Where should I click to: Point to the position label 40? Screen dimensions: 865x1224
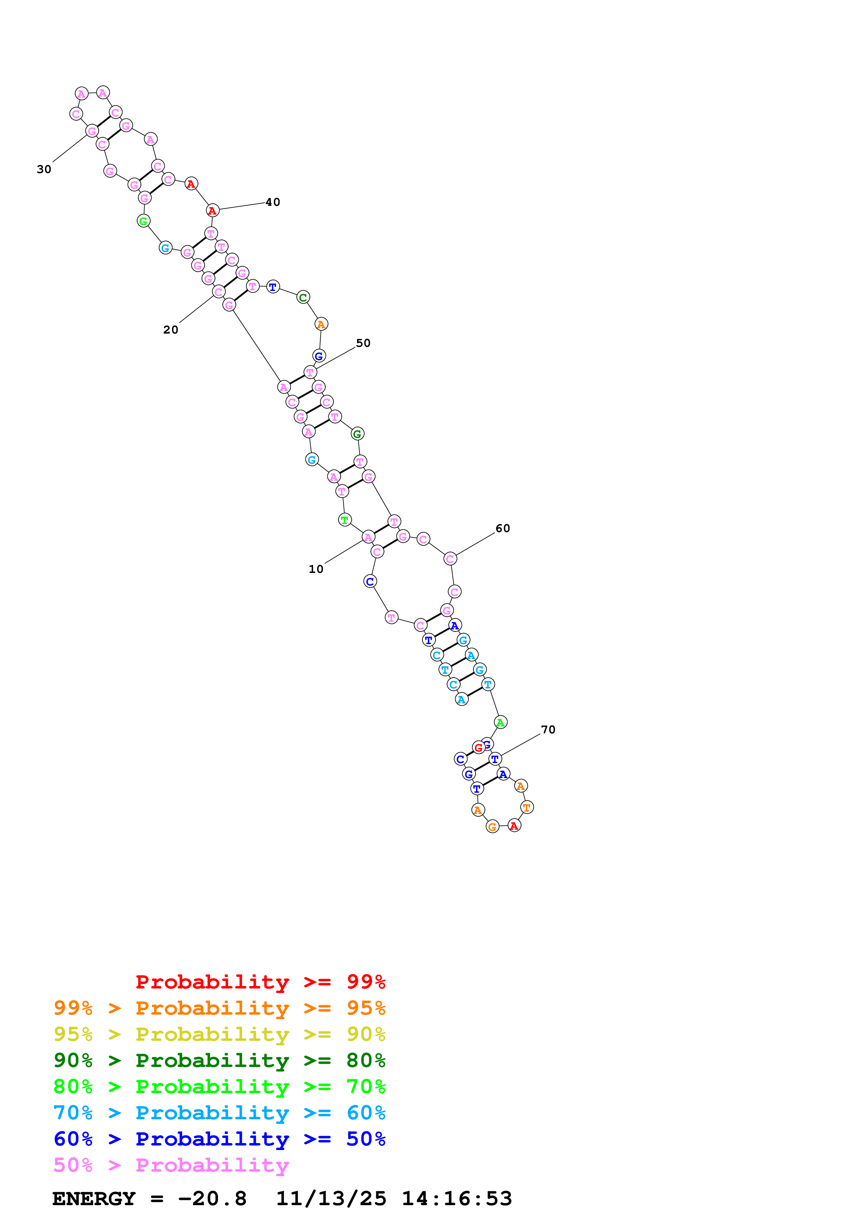[273, 202]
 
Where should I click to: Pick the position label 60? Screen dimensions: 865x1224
[502, 528]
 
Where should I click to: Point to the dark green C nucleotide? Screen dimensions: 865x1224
[303, 298]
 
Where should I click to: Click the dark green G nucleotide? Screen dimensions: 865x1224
[357, 434]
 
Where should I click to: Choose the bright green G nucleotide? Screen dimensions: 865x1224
[143, 221]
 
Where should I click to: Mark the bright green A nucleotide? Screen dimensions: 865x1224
[500, 722]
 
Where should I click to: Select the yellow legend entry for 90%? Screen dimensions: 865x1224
[219, 1034]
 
